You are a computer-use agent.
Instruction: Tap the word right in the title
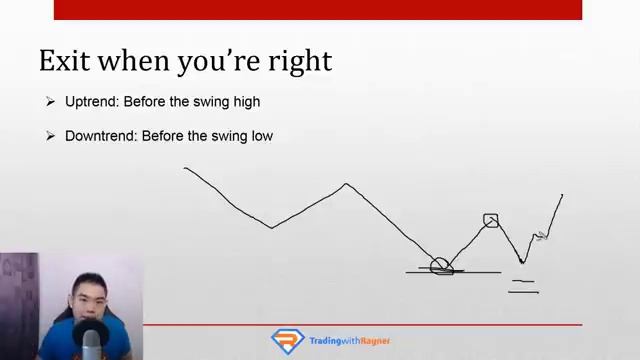tap(304, 62)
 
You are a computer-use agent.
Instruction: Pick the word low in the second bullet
tap(260, 135)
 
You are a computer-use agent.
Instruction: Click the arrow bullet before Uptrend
tap(50, 102)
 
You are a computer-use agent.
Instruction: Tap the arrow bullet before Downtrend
tap(50, 135)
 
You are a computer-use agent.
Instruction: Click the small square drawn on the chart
tap(490, 220)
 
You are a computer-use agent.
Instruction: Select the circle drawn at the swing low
tap(440, 266)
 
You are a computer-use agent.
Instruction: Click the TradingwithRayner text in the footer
tap(350, 341)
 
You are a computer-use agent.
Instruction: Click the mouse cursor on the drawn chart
tap(542, 236)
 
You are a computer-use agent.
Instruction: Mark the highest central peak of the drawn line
tap(346, 184)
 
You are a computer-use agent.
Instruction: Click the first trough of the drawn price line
tap(271, 227)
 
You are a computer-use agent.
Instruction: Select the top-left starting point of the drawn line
tap(186, 168)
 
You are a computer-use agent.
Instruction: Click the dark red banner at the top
tap(318, 9)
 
